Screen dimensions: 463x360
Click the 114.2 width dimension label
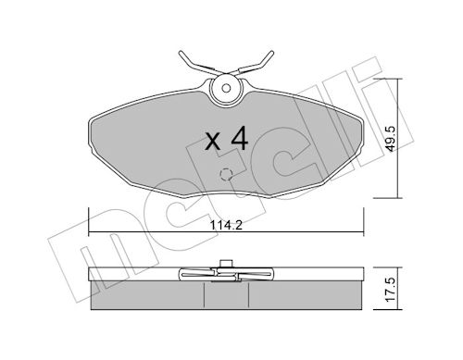point(226,225)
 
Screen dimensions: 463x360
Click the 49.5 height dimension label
point(392,139)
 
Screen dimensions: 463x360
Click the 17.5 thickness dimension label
point(391,290)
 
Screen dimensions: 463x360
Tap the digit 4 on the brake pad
point(239,138)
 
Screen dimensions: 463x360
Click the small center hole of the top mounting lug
point(226,88)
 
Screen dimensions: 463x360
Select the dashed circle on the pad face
point(226,175)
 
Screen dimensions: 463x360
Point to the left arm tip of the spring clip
point(180,53)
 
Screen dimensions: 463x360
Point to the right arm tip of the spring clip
point(271,52)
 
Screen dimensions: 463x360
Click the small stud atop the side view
point(226,264)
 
